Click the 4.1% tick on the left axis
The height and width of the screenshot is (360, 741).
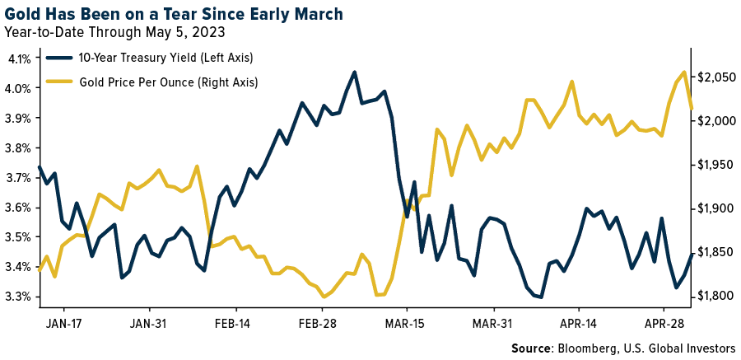[x=19, y=58]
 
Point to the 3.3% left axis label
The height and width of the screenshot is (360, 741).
[x=19, y=297]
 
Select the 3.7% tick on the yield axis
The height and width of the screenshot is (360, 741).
[x=19, y=178]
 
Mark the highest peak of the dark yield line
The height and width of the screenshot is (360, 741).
[x=354, y=72]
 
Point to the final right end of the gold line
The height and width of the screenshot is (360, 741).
[x=692, y=108]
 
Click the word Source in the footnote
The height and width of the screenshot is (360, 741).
[x=532, y=347]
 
